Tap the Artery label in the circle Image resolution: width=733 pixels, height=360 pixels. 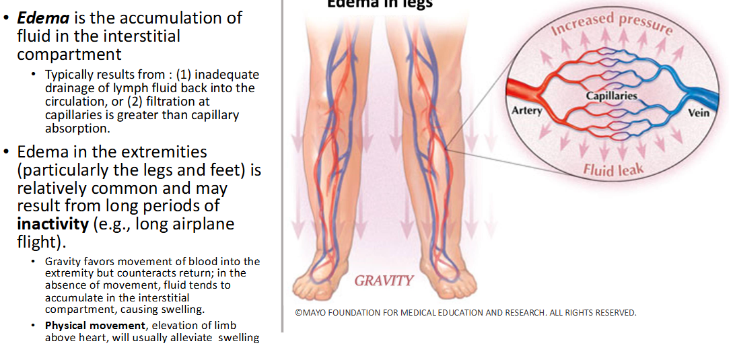click(x=526, y=110)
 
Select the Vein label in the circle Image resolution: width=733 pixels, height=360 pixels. click(x=698, y=112)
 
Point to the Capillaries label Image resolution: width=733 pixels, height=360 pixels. click(x=611, y=96)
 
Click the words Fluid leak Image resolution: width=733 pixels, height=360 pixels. click(x=613, y=169)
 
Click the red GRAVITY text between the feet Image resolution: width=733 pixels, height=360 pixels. click(x=384, y=281)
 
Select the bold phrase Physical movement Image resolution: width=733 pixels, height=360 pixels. click(x=95, y=326)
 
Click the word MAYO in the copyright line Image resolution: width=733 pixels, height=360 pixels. click(x=317, y=312)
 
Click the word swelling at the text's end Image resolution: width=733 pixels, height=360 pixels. click(x=238, y=338)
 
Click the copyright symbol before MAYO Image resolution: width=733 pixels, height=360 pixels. click(x=298, y=312)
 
